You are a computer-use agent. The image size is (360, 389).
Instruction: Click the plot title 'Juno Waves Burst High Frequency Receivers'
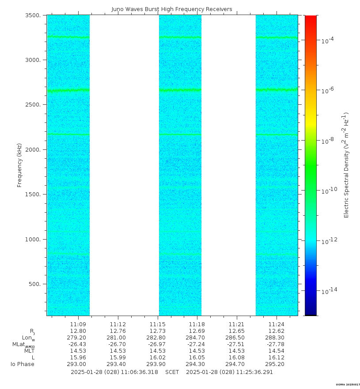pos(172,9)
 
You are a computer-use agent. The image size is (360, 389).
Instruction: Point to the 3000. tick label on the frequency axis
pos(36,60)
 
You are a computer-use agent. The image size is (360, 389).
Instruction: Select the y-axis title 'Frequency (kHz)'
pos(19,165)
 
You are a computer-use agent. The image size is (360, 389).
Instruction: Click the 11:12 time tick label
pos(118,324)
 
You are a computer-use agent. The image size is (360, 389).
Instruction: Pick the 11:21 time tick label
pos(237,324)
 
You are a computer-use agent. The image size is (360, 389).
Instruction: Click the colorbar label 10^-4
pos(327,40)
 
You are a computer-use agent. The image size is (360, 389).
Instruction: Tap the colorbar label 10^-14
pos(328,291)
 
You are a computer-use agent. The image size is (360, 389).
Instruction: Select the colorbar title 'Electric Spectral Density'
pos(346,165)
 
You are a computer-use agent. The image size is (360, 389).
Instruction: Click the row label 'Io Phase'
pos(23,364)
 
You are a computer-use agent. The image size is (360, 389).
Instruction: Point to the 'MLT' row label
pos(29,351)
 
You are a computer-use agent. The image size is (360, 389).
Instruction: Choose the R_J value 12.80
pos(78,331)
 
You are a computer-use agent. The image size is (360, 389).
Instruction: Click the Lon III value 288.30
pos(277,337)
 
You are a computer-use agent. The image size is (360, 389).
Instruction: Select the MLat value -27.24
pos(197,344)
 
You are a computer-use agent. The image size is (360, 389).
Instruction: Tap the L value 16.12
pos(277,357)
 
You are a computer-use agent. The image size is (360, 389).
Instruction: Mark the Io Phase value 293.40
pos(118,364)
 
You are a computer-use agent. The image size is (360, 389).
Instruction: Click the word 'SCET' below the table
pos(172,372)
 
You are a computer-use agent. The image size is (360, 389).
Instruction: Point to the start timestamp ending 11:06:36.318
pos(114,372)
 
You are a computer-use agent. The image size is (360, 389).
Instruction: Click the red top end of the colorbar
pos(311,18)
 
